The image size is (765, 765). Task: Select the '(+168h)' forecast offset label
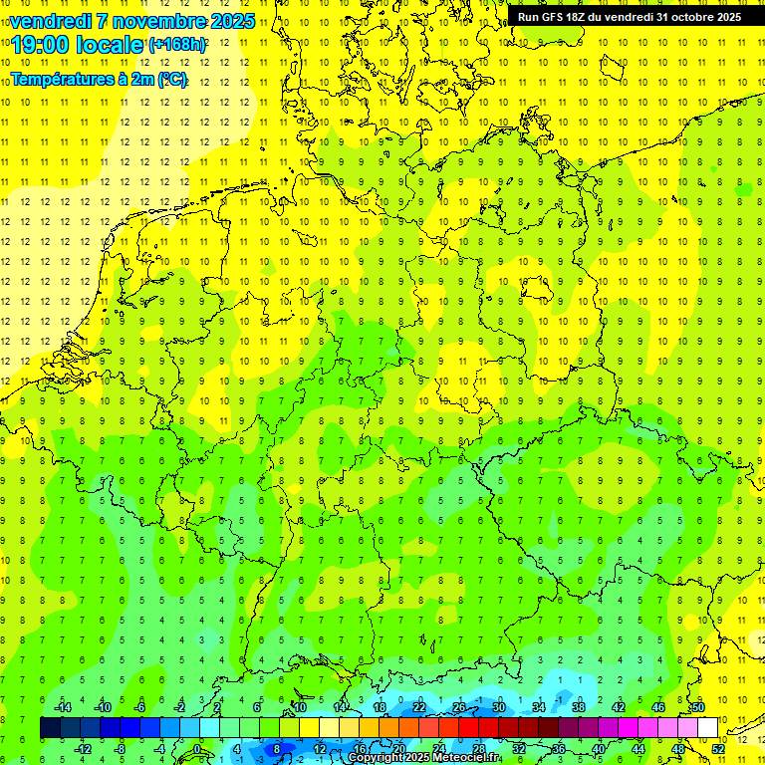click(x=177, y=45)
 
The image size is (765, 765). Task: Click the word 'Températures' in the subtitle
click(x=62, y=79)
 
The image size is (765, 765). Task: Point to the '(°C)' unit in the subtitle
click(x=170, y=79)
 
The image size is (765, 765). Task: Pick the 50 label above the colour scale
click(x=698, y=707)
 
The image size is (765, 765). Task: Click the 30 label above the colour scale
click(x=499, y=707)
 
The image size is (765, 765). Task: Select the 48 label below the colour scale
click(x=678, y=749)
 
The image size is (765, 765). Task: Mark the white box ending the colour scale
click(x=707, y=728)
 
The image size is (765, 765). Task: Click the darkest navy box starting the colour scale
click(x=50, y=728)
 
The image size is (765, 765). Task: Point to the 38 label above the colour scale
click(x=579, y=707)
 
